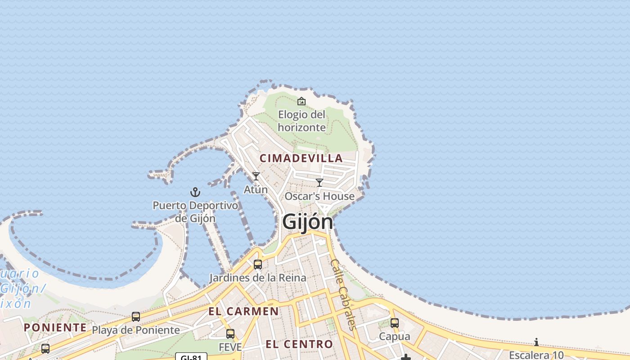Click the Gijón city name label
(x=308, y=222)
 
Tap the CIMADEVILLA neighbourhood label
(x=301, y=158)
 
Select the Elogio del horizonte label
(x=301, y=121)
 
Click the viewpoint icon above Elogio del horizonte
(x=301, y=101)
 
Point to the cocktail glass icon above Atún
(x=256, y=176)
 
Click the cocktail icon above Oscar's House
(x=319, y=183)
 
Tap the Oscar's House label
(x=319, y=196)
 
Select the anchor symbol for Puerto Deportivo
(x=195, y=193)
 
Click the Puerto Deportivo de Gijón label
(x=195, y=212)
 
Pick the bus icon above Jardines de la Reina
(x=258, y=265)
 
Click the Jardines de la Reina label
(x=258, y=278)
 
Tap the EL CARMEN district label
(x=243, y=311)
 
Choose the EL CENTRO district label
(x=299, y=345)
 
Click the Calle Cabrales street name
(x=343, y=294)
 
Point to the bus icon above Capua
(x=395, y=323)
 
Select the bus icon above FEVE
(x=230, y=334)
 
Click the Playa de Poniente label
(x=136, y=330)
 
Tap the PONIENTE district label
(x=55, y=328)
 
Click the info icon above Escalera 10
(x=536, y=342)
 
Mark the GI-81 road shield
(x=191, y=357)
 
